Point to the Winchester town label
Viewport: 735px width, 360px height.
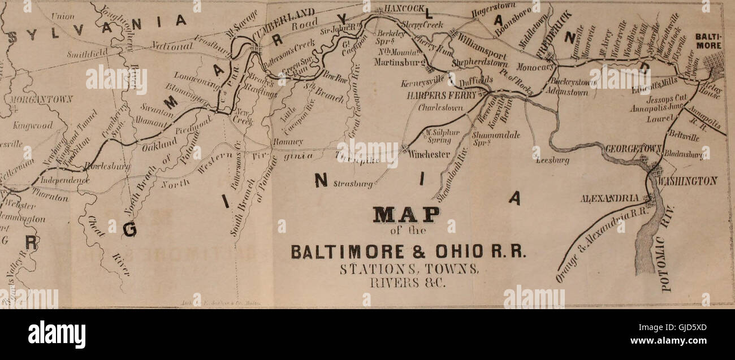tap(430, 154)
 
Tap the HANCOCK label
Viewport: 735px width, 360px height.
tap(404, 9)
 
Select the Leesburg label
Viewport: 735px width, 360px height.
tap(552, 161)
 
